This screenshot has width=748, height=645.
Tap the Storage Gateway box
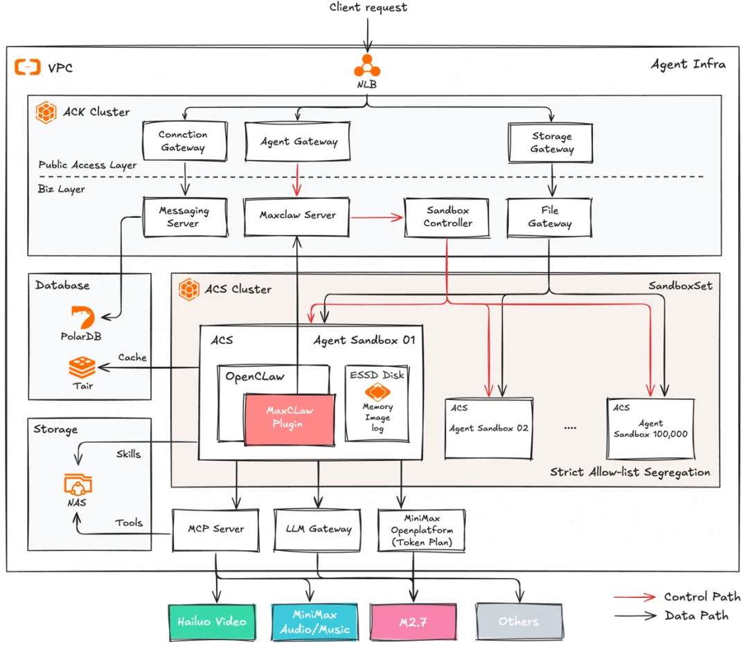[x=552, y=142]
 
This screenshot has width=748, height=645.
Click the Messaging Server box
[x=184, y=217]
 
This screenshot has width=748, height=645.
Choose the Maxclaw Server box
[x=297, y=215]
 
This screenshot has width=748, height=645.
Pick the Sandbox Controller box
[x=447, y=217]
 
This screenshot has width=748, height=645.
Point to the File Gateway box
[x=550, y=217]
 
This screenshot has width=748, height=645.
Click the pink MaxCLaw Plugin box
[x=289, y=418]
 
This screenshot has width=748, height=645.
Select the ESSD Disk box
[x=377, y=402]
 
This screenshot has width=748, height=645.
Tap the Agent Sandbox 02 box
[x=488, y=427]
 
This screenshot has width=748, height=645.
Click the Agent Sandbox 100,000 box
[x=650, y=428]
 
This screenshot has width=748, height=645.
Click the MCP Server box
[x=216, y=529]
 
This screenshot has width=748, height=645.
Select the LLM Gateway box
[x=319, y=529]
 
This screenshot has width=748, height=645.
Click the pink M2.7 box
[x=413, y=621]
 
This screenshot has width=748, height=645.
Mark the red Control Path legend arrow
[x=634, y=597]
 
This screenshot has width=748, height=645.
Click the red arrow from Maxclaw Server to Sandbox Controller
[x=377, y=218]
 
